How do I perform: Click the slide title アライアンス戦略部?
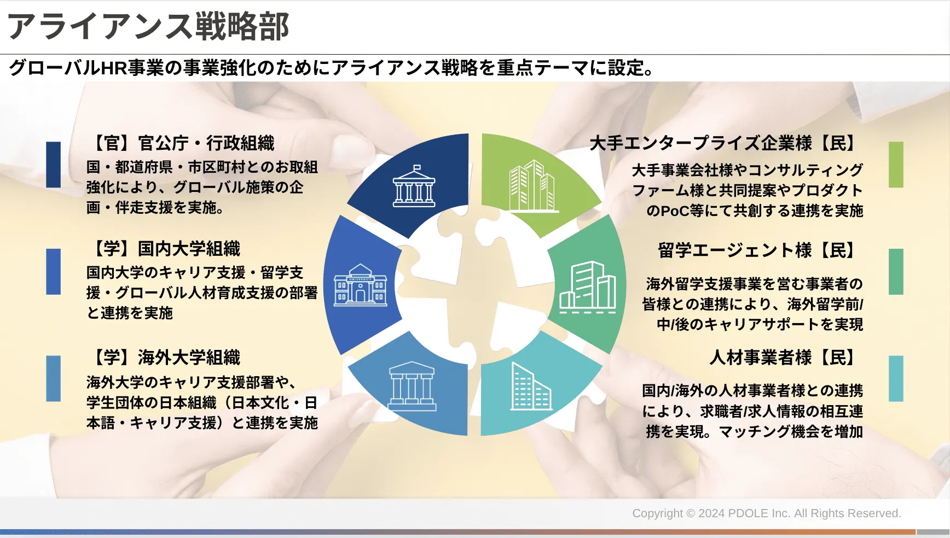[148, 26]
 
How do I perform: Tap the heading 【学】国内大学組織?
[164, 249]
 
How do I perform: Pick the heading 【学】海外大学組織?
[164, 358]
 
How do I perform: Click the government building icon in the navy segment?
[414, 186]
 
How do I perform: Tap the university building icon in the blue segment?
[361, 284]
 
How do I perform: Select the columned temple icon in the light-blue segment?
[412, 386]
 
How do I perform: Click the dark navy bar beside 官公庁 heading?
[54, 165]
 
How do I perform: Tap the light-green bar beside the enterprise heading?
[896, 165]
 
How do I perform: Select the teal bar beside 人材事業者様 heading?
[896, 379]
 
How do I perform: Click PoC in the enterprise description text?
[675, 211]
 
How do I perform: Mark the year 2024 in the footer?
[711, 513]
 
